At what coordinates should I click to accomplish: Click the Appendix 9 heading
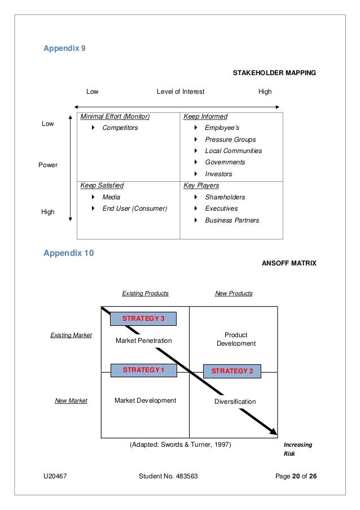65,49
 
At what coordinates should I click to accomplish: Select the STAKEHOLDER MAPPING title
274,73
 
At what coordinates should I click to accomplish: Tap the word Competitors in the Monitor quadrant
120,128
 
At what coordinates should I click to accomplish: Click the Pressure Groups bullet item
230,140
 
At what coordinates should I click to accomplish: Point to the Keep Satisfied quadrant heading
102,185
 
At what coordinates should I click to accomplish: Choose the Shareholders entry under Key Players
225,197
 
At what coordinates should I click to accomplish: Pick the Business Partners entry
232,220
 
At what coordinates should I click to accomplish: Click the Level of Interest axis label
181,91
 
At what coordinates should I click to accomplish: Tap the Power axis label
48,165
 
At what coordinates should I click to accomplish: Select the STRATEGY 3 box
143,319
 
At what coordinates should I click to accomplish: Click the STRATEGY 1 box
143,370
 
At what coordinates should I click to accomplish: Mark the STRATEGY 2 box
232,371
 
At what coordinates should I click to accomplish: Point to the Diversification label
235,402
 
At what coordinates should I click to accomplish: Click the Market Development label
145,400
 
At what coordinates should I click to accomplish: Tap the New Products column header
234,294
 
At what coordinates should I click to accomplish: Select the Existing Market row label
71,335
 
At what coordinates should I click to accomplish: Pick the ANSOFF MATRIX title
288,263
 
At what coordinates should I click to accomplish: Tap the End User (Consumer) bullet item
134,208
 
